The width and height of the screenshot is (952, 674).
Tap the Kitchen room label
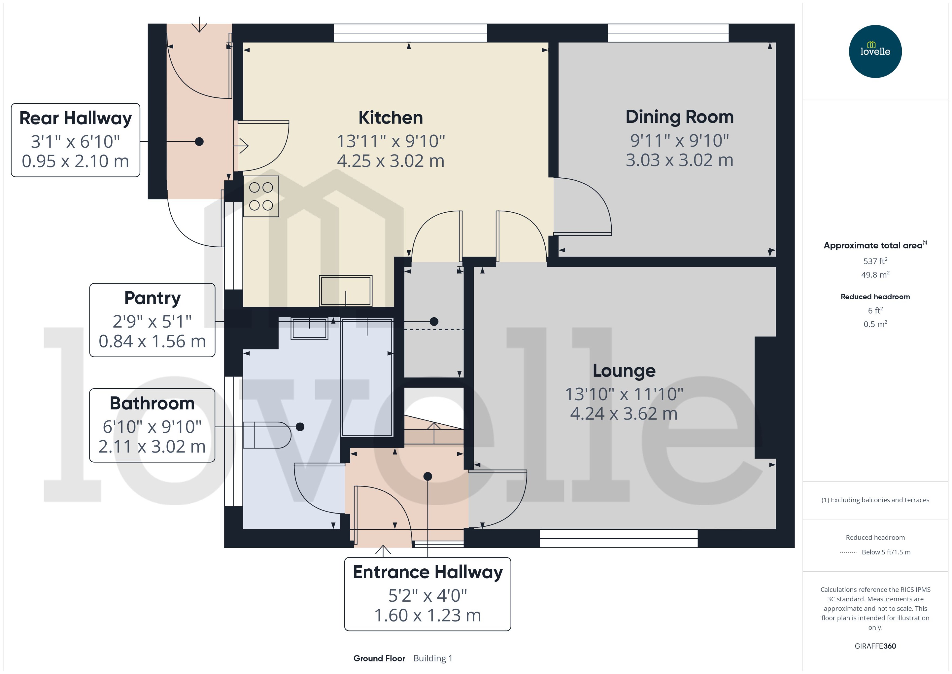click(390, 118)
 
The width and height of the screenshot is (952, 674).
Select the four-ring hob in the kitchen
click(261, 196)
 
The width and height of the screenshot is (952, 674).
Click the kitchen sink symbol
click(345, 291)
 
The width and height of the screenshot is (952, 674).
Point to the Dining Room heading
click(679, 117)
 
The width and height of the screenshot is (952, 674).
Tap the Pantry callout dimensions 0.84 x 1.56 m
click(152, 341)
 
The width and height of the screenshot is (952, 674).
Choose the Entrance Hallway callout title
click(427, 572)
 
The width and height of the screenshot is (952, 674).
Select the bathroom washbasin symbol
click(310, 329)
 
